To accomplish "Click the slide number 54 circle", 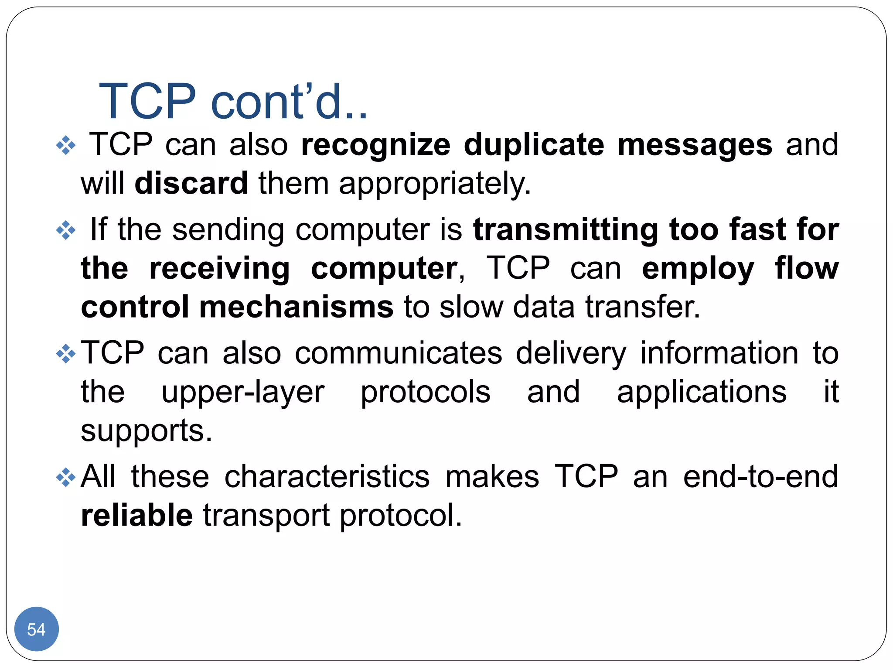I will click(36, 629).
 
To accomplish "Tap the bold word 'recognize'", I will click(375, 145).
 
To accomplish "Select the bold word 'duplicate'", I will click(534, 145).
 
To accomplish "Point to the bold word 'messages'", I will click(695, 145).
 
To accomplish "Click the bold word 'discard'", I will click(191, 183).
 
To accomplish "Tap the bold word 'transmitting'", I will click(566, 229).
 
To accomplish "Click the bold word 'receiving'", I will click(219, 269).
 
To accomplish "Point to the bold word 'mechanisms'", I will click(297, 307).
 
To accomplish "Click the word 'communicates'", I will click(398, 353).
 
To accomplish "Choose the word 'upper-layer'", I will click(243, 392).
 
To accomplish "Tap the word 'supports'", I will click(146, 431).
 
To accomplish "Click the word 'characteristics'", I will click(327, 476).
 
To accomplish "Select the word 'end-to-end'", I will click(760, 476).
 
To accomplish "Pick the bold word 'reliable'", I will click(137, 515).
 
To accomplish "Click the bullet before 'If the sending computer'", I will click(66, 230).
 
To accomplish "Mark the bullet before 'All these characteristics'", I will click(66, 477).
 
